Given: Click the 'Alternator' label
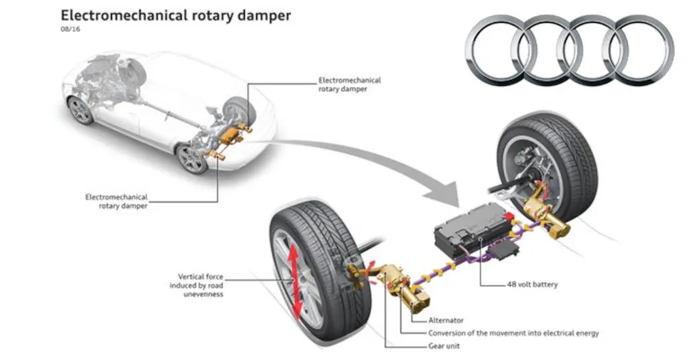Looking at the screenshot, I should (445, 320).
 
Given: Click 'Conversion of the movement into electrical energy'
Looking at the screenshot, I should (513, 333).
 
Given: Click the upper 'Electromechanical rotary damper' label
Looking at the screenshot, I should (349, 85).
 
